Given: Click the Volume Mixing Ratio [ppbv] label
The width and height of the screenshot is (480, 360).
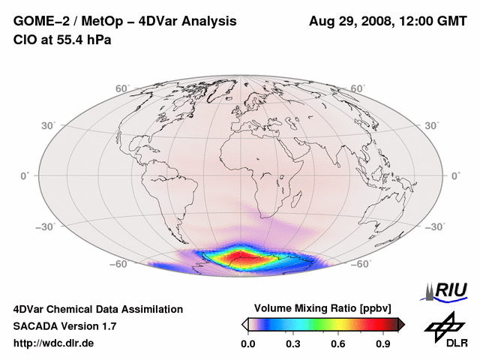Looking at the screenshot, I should (323, 308).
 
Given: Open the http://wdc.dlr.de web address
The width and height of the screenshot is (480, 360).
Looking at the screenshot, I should (54, 343).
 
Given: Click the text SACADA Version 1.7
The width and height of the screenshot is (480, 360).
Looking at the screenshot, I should (65, 326).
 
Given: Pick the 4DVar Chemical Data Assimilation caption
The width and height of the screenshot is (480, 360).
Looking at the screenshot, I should (98, 309).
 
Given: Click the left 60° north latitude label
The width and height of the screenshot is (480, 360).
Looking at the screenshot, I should (121, 88).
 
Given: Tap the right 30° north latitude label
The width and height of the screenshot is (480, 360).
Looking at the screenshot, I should (433, 125).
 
